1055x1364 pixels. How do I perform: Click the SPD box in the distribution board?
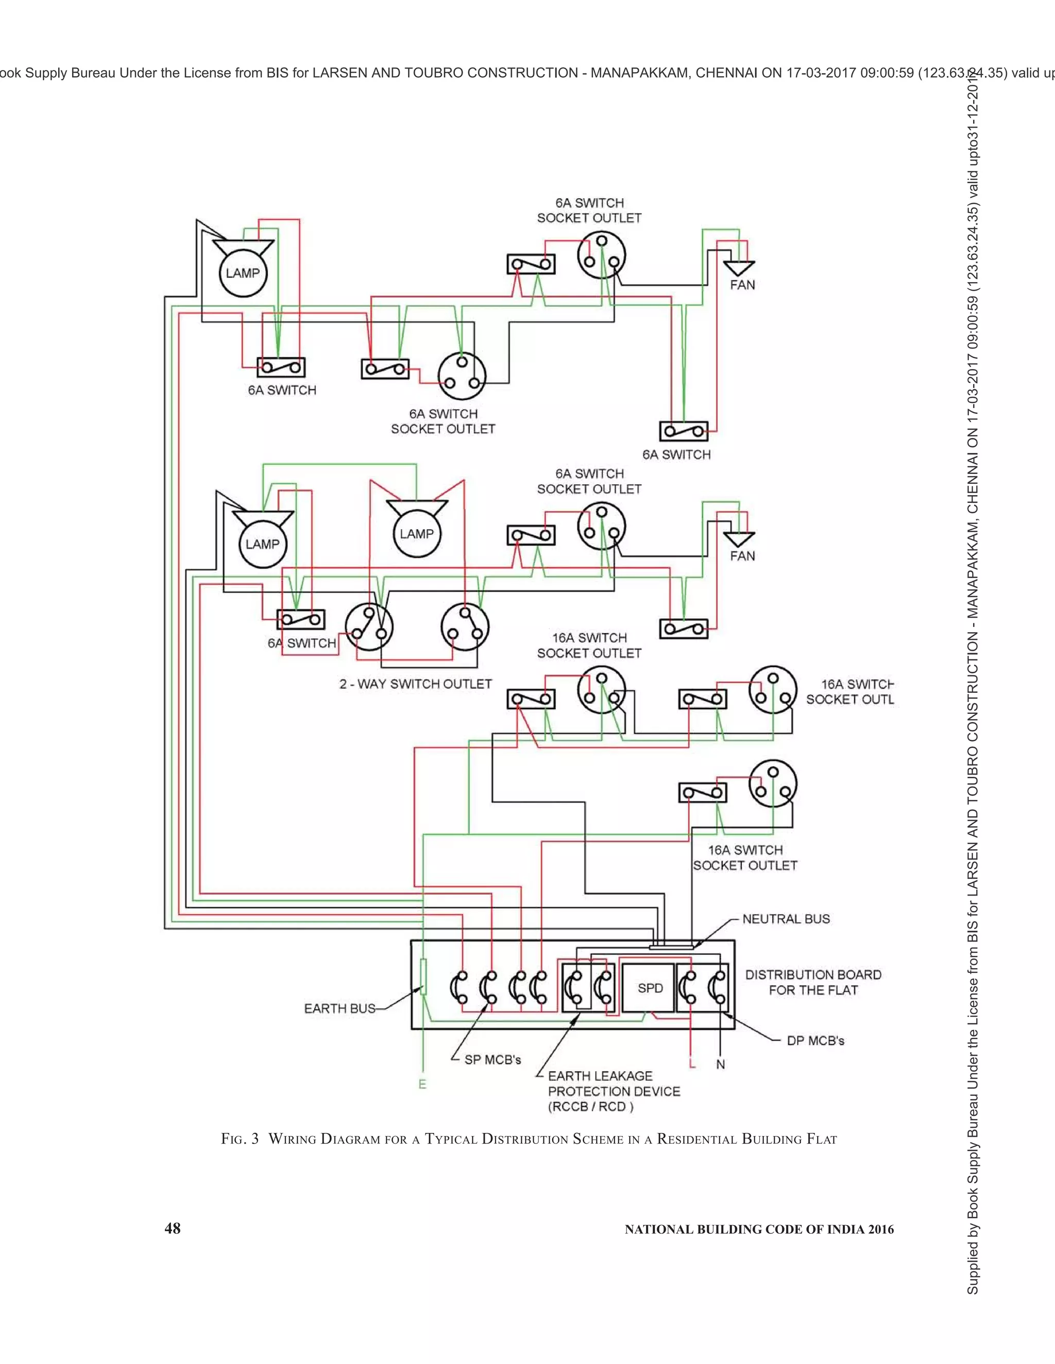click(650, 989)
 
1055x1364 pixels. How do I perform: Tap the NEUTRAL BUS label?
click(786, 919)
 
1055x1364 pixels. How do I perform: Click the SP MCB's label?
click(492, 1060)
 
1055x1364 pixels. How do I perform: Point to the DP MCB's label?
click(815, 1040)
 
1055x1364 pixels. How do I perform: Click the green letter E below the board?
click(422, 1084)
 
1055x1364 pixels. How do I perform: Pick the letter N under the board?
click(721, 1064)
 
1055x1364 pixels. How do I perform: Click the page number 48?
click(172, 1229)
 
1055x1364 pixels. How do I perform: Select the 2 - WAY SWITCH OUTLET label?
click(416, 684)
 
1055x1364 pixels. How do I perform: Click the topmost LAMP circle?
click(243, 273)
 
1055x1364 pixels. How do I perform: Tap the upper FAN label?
click(742, 285)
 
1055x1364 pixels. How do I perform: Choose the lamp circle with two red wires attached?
click(416, 534)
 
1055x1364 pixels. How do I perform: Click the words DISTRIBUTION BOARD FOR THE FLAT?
click(813, 983)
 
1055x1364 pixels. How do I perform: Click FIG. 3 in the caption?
click(240, 1139)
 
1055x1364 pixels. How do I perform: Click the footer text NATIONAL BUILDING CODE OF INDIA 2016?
click(759, 1229)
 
